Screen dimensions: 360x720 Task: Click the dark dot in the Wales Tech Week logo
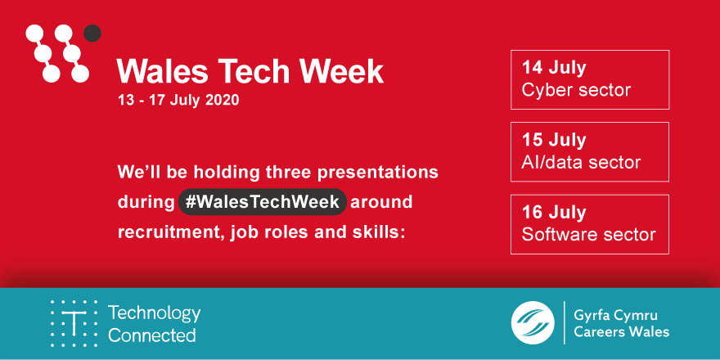pyautogui.click(x=92, y=34)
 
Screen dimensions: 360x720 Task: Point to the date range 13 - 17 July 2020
pyautogui.click(x=179, y=101)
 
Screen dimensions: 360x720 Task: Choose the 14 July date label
pyautogui.click(x=554, y=68)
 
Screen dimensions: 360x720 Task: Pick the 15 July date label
pyautogui.click(x=554, y=140)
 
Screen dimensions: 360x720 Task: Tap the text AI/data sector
pyautogui.click(x=581, y=161)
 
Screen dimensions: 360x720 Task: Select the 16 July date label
pyautogui.click(x=554, y=213)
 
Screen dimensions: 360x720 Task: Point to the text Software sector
pyautogui.click(x=588, y=234)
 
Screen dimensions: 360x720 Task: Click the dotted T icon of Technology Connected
pyautogui.click(x=74, y=323)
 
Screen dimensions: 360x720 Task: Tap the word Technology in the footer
pyautogui.click(x=154, y=313)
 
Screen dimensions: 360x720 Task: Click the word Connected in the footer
pyautogui.click(x=151, y=335)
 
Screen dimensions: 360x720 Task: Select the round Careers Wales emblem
pyautogui.click(x=533, y=323)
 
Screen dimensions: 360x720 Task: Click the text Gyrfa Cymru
pyautogui.click(x=616, y=315)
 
